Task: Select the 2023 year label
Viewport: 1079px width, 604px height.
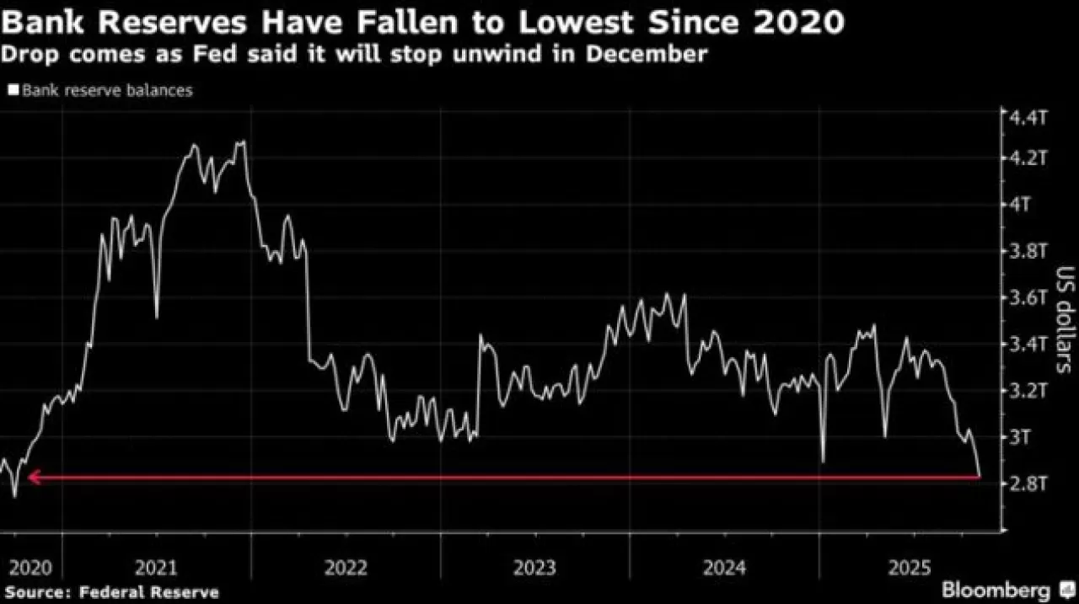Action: tap(534, 568)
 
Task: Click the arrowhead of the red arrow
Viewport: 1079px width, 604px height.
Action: tap(34, 478)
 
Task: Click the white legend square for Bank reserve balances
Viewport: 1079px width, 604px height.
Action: tap(13, 89)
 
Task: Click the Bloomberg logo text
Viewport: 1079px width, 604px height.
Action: tap(996, 589)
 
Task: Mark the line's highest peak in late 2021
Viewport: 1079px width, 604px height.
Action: tap(243, 142)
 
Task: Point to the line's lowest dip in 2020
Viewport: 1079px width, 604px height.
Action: tap(14, 496)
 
